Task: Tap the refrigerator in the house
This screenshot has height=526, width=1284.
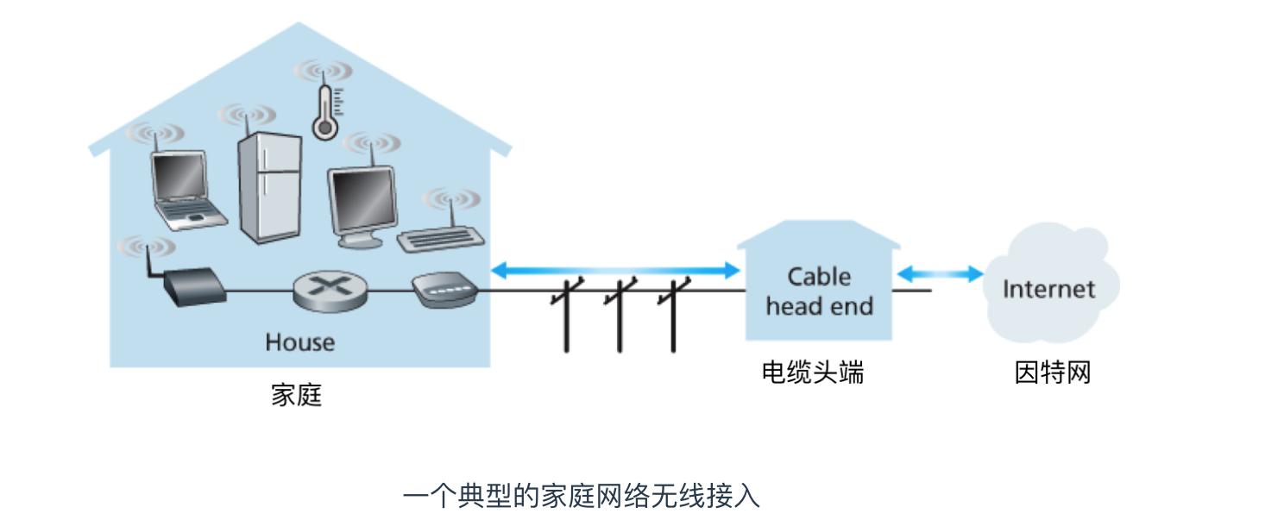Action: coord(269,187)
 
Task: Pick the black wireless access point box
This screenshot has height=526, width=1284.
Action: coord(192,287)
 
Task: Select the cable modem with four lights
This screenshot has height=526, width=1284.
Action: coord(443,291)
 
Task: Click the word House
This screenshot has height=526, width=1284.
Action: coord(299,342)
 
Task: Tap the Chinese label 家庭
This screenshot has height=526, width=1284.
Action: coord(296,396)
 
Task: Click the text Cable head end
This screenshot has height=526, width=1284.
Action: coord(819,291)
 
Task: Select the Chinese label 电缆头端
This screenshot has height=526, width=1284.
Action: coord(812,373)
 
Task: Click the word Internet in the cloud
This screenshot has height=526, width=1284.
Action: coord(1048,289)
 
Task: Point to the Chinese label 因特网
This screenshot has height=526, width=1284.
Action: coord(1052,373)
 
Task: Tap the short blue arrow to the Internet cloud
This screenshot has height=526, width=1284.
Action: coord(941,274)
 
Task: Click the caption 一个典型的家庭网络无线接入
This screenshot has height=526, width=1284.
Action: coord(581,497)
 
